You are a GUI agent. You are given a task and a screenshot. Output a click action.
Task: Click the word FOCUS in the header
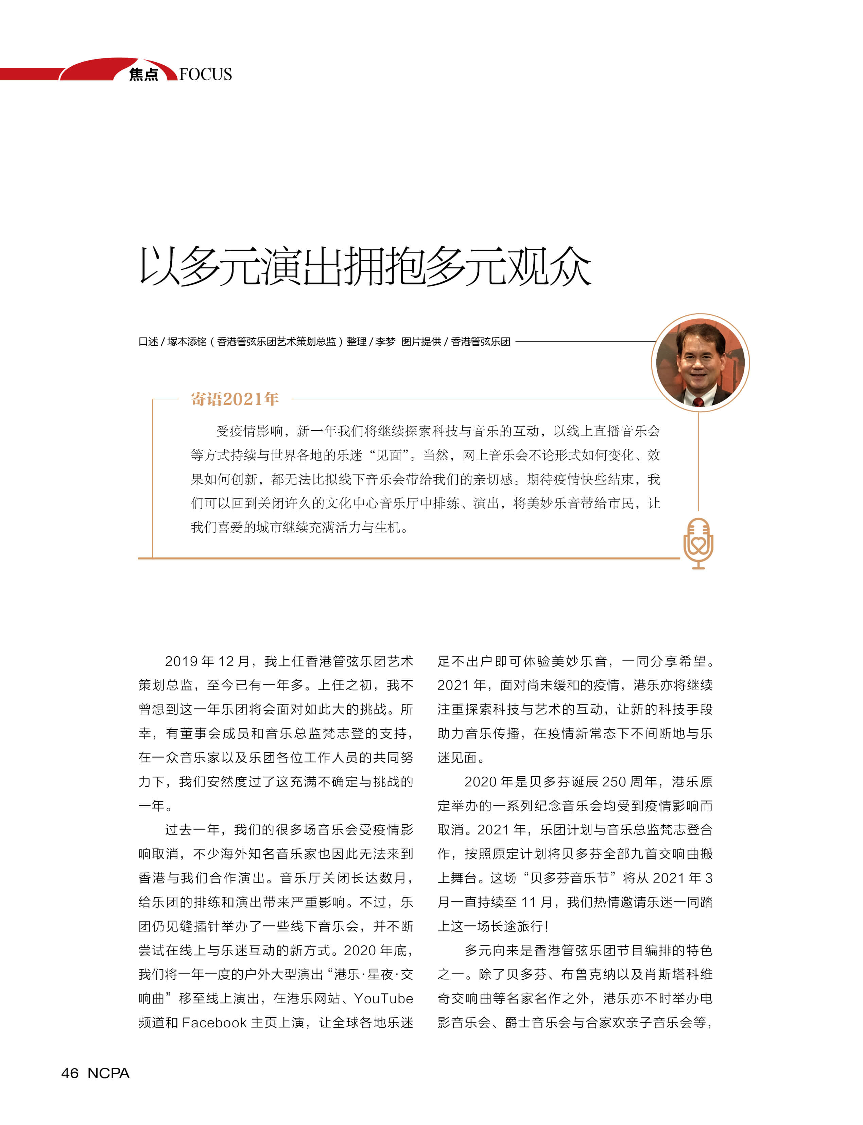click(x=206, y=74)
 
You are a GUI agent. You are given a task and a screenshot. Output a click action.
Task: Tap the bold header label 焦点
click(x=143, y=75)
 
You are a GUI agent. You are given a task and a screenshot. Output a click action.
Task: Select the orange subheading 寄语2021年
click(x=235, y=399)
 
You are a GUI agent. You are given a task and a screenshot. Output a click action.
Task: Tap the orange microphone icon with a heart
click(x=698, y=543)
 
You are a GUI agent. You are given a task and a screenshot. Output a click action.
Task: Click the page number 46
click(x=70, y=1073)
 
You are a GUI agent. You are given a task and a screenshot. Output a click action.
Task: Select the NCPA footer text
click(x=108, y=1073)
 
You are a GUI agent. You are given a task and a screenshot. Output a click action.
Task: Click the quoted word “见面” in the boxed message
click(x=389, y=455)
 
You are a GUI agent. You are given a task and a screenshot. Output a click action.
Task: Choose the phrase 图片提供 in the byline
click(x=421, y=342)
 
